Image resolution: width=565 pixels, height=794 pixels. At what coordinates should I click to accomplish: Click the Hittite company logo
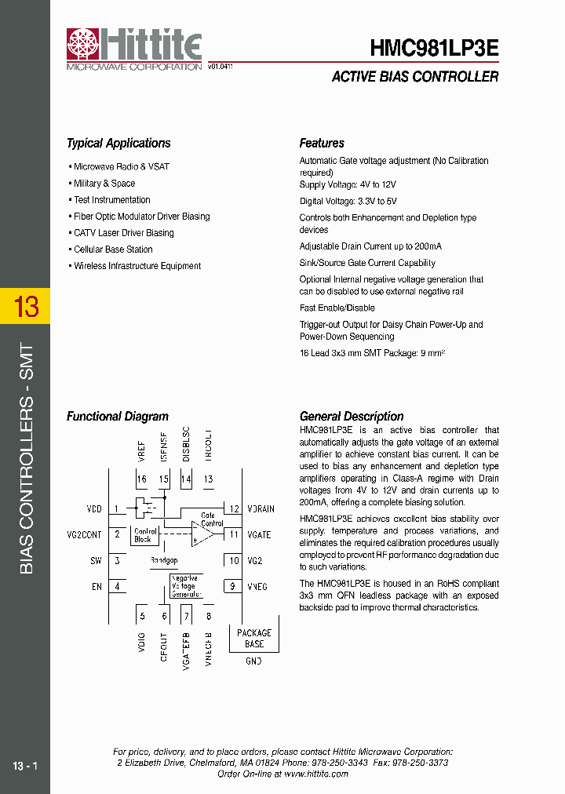tap(133, 49)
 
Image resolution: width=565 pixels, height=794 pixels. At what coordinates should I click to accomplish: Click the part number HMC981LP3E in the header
tap(434, 48)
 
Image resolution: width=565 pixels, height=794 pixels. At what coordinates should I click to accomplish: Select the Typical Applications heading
tap(118, 143)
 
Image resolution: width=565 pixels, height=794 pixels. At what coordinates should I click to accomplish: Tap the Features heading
tap(322, 143)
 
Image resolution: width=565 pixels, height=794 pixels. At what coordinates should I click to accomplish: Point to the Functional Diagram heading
tap(118, 417)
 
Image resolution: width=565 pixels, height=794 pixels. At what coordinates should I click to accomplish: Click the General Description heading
tap(352, 417)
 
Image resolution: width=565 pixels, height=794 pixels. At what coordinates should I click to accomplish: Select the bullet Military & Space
tap(104, 183)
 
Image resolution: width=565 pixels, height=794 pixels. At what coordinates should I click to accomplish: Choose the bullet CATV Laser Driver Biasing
tap(124, 233)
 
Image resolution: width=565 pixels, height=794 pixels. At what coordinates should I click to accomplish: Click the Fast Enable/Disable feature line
tap(337, 308)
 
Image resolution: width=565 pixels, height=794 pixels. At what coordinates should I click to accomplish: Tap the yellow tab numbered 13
tap(25, 306)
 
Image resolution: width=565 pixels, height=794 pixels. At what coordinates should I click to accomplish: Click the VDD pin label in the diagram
tap(94, 509)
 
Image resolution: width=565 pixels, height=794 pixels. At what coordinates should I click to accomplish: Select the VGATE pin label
tap(259, 535)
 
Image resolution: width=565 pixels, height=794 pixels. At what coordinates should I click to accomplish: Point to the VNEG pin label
tap(257, 586)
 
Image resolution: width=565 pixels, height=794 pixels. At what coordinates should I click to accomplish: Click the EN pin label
tap(97, 586)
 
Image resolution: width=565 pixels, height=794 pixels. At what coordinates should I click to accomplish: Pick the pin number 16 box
tap(142, 479)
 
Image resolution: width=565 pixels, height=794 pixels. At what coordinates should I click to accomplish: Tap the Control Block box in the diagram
tap(147, 535)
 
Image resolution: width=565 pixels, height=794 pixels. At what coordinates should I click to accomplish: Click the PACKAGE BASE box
tap(254, 638)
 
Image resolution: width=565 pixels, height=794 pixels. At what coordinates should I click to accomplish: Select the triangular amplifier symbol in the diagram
tap(202, 534)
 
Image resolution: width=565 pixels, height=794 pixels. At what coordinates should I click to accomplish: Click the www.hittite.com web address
tap(315, 774)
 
